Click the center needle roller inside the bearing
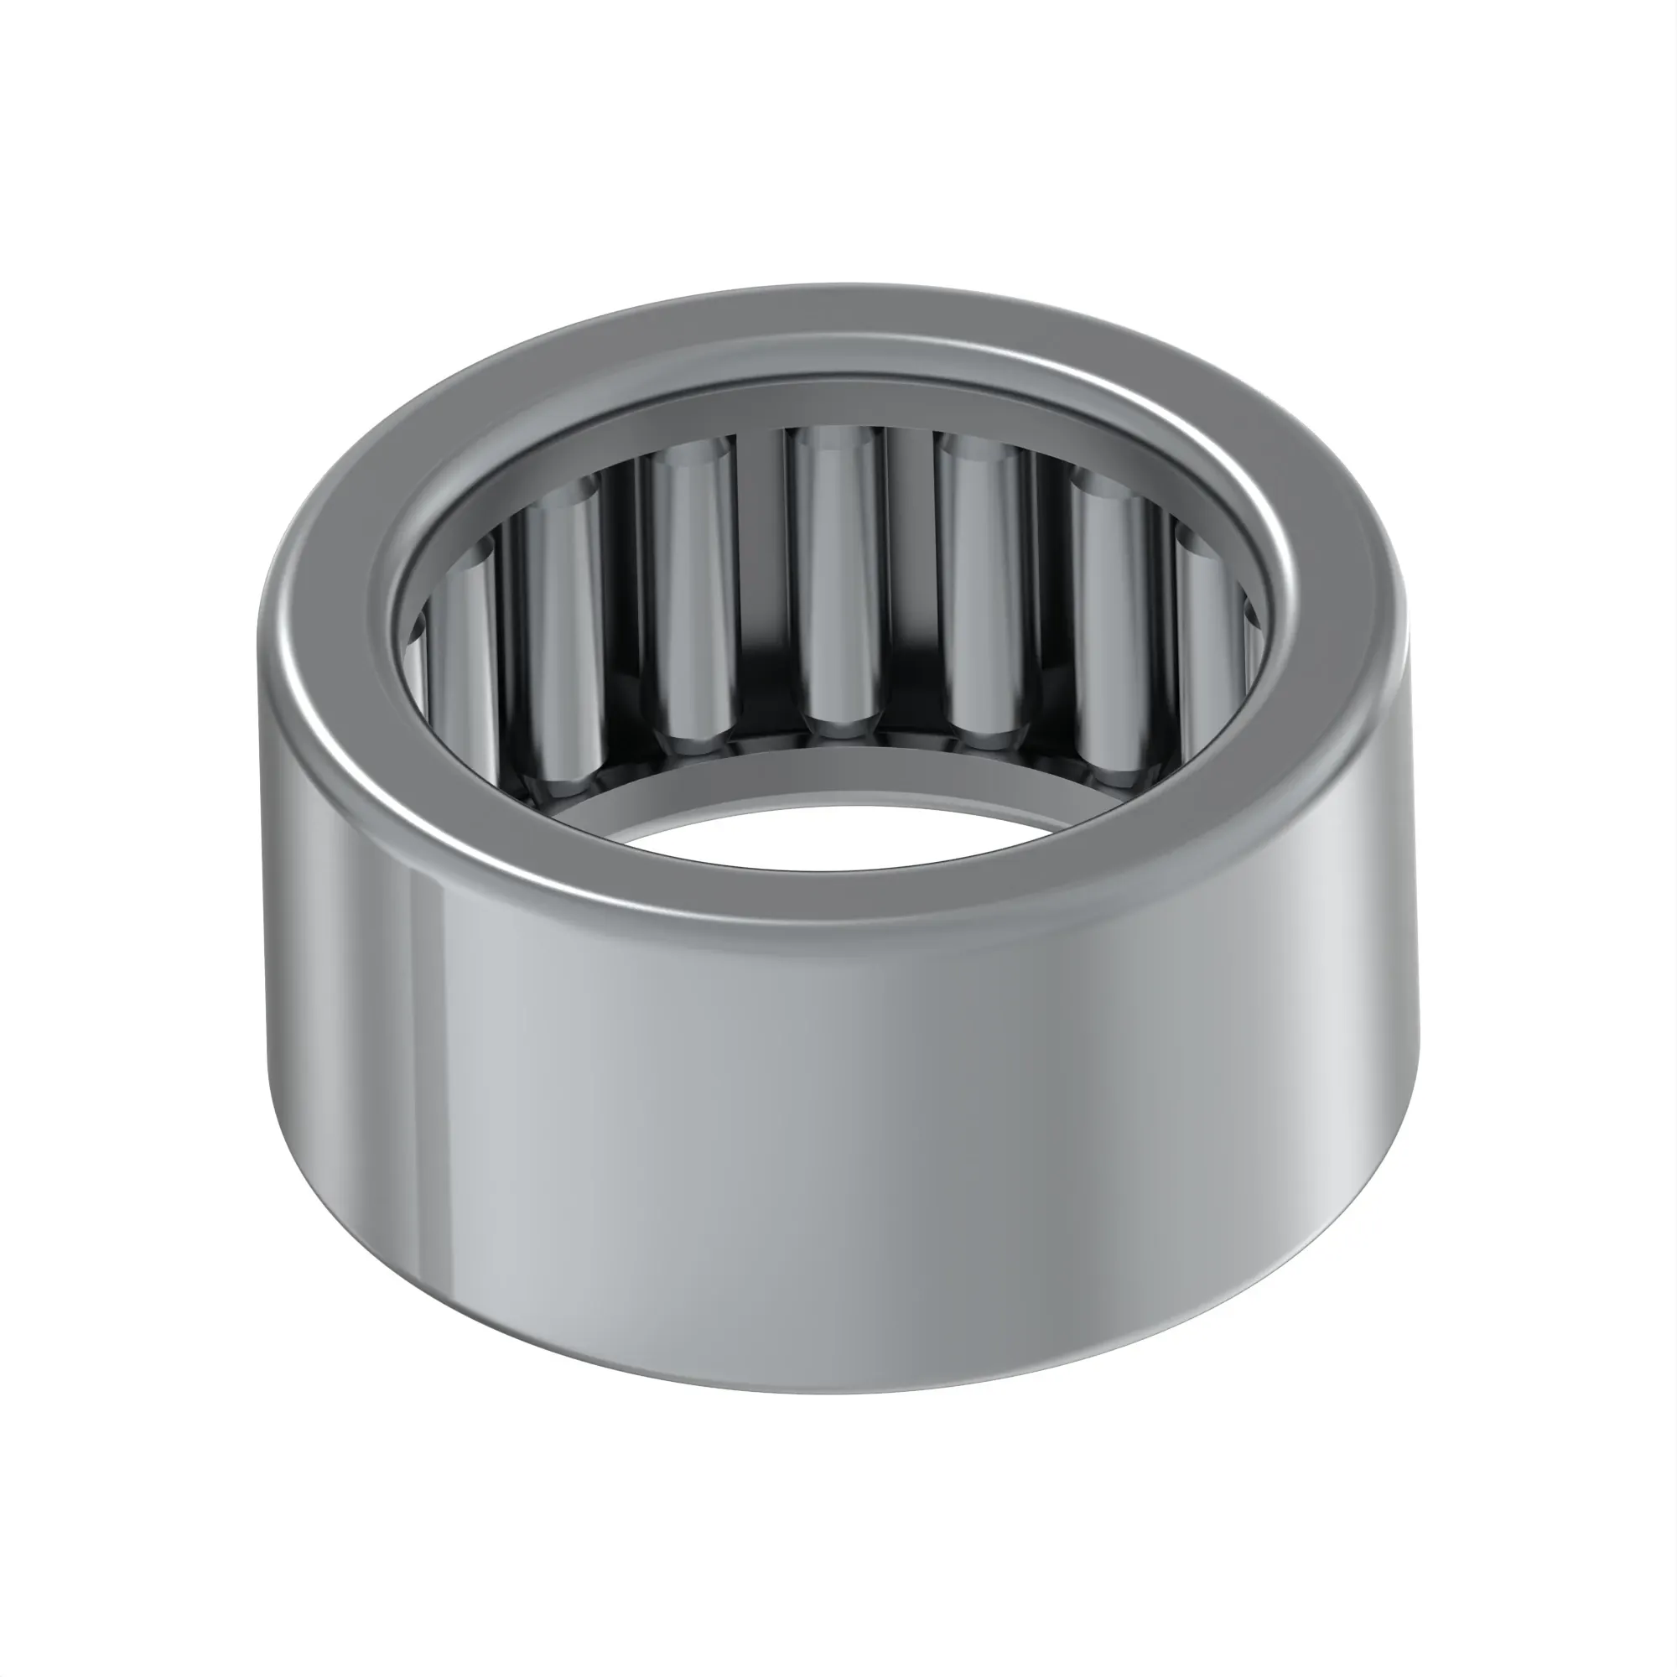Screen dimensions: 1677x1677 (x=838, y=582)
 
